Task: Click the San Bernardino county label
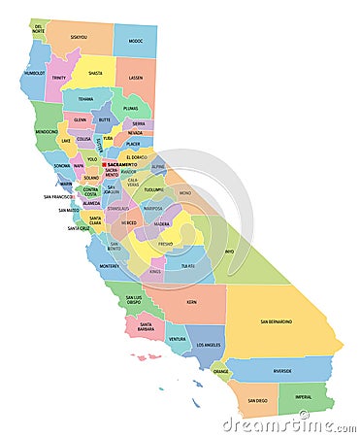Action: tap(276, 321)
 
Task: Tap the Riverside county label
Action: tap(281, 370)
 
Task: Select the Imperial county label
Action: tap(303, 396)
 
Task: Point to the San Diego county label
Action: tap(256, 400)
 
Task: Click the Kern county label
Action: tap(191, 302)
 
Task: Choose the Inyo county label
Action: tap(228, 252)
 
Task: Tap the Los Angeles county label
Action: tap(208, 345)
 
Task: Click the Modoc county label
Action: tap(134, 41)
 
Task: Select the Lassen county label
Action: tap(135, 78)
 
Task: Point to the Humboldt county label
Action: tap(35, 72)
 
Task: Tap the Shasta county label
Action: tap(94, 72)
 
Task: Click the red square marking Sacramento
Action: tap(104, 165)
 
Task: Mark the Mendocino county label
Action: tap(46, 131)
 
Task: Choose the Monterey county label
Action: tap(110, 265)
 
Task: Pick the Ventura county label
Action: tap(177, 339)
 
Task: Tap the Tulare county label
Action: tap(186, 265)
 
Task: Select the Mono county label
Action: tap(184, 193)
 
